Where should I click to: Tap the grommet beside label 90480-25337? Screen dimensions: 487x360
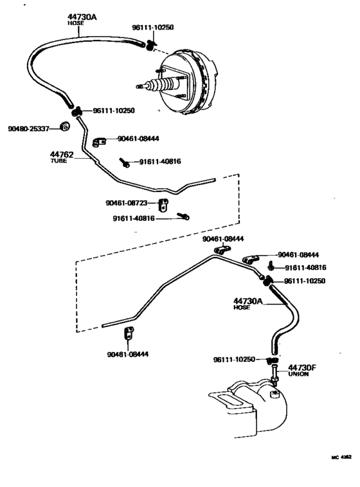[x=64, y=125]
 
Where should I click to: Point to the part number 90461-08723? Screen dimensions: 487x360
[x=127, y=203]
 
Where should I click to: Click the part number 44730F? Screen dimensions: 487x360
[x=301, y=367]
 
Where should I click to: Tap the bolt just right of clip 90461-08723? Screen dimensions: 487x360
[x=183, y=217]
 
